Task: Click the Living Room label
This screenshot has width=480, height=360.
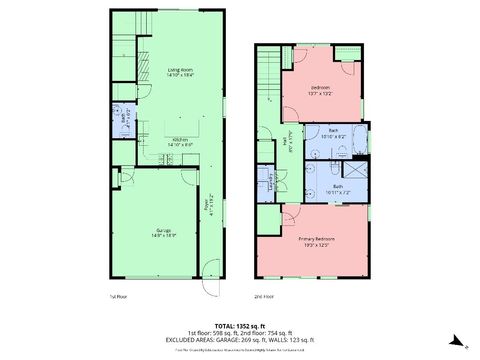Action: click(179, 73)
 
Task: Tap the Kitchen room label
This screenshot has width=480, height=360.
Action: click(181, 141)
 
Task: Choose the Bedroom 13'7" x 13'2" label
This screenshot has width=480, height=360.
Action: click(320, 90)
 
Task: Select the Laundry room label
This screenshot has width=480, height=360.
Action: click(268, 181)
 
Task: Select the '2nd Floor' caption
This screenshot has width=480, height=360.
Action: click(264, 297)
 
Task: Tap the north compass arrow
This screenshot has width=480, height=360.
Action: click(456, 340)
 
